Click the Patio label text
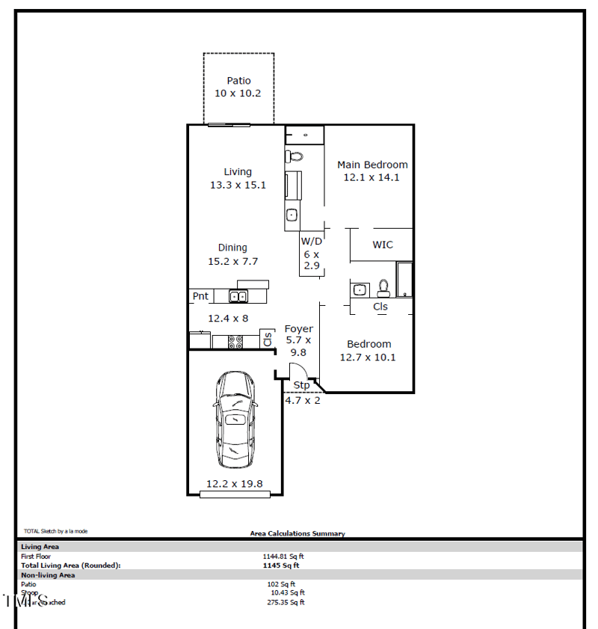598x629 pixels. [238, 81]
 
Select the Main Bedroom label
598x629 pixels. [372, 165]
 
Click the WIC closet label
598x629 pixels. [383, 245]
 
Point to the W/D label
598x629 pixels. [312, 242]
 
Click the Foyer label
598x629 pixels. [299, 329]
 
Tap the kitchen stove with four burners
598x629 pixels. [235, 342]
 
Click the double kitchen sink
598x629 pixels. [238, 297]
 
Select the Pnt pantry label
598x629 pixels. [200, 296]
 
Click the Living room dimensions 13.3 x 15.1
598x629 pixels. [238, 185]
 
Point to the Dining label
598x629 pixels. [232, 248]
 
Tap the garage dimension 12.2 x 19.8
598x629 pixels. [235, 484]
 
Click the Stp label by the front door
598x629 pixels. [301, 385]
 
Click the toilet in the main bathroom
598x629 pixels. [295, 157]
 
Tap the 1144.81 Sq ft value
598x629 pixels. [283, 556]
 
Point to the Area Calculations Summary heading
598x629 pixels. [298, 534]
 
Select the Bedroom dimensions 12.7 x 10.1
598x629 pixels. [368, 357]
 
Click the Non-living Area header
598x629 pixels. [48, 575]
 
